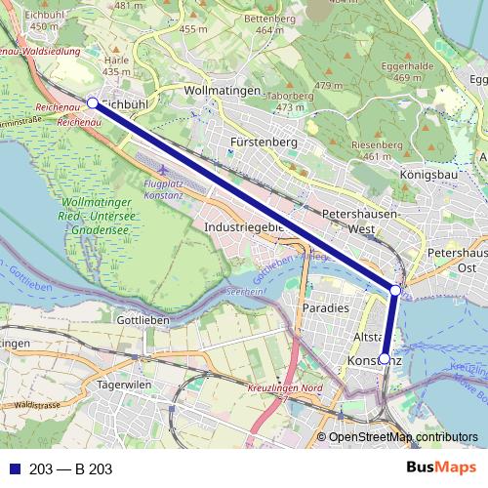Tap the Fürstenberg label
(264, 142)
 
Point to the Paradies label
(325, 307)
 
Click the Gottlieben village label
(142, 320)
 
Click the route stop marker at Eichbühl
(93, 102)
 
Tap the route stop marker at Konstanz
(384, 359)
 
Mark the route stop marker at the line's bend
(394, 290)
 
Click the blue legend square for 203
(14, 469)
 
